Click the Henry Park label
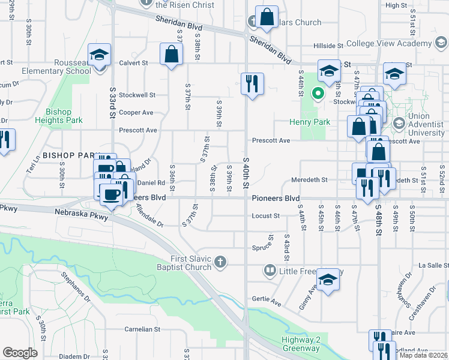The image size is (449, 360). pos(318,122)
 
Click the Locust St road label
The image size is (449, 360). pos(266,215)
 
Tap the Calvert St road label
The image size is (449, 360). pos(133,63)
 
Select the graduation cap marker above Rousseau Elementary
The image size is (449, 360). pos(100,55)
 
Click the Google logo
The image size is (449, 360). pos(20,353)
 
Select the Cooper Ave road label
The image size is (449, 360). pos(136,112)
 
